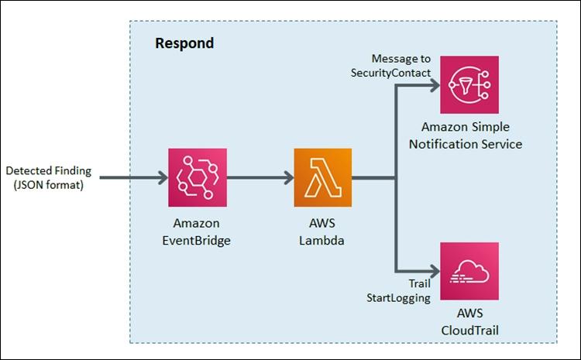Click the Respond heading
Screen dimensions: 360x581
(184, 43)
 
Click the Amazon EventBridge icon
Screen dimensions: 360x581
(198, 177)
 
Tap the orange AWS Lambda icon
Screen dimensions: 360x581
(322, 177)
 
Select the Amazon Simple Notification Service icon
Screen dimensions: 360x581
(469, 84)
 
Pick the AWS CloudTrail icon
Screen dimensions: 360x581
(469, 271)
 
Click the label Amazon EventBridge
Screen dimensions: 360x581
(198, 231)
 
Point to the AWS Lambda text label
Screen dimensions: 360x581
(323, 231)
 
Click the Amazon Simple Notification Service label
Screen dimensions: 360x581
(471, 135)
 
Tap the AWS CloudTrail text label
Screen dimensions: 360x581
(469, 322)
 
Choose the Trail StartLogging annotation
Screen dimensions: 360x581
(399, 290)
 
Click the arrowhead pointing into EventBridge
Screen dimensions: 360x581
(161, 178)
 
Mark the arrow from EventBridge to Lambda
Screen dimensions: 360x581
(260, 178)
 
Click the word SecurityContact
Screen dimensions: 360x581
(392, 72)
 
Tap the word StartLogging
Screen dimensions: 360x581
(398, 297)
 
